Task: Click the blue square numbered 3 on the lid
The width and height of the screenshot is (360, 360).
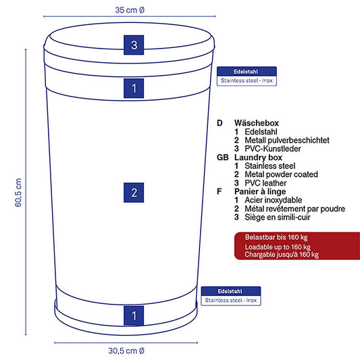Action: coord(134,45)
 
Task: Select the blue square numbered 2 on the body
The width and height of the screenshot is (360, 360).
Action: coord(134,192)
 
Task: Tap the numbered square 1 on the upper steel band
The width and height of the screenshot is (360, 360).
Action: coord(134,88)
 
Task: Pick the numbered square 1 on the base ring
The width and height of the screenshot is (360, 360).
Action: coord(134,315)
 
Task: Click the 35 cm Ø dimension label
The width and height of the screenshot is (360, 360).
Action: coord(130,10)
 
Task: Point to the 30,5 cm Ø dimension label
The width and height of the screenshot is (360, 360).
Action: coord(126,351)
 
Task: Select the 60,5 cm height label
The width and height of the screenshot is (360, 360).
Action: coord(18,192)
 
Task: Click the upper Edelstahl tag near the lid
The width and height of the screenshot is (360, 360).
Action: coord(247,76)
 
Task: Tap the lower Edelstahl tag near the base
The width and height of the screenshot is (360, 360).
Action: coord(231,296)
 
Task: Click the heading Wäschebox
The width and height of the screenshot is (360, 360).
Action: coord(257,123)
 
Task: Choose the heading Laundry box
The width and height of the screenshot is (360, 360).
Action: coord(258,157)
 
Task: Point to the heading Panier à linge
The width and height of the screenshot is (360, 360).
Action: coord(260,191)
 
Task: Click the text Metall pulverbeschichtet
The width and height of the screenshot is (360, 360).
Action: coord(287,140)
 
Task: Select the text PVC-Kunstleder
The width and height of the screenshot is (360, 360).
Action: coord(273,149)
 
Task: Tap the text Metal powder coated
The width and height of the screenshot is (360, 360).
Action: coord(281,174)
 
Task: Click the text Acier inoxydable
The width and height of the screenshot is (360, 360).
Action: coord(274,200)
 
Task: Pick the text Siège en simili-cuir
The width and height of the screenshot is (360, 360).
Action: coord(278,217)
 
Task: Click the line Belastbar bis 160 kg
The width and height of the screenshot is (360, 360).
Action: coord(276,237)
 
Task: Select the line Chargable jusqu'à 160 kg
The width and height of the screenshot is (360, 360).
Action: coord(282,255)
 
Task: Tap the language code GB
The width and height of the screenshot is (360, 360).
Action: coord(223,157)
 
